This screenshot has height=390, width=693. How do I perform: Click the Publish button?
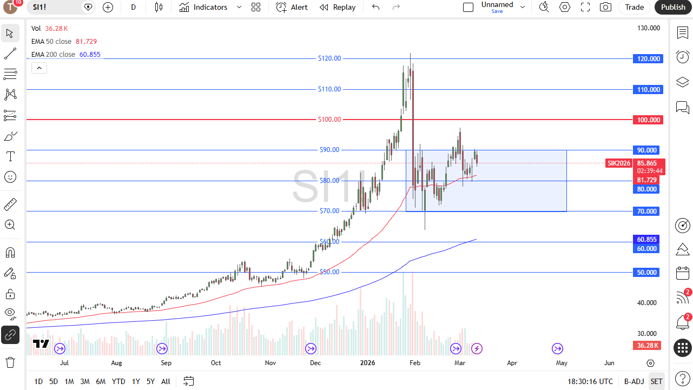[673, 7]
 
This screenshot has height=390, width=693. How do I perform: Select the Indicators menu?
[210, 7]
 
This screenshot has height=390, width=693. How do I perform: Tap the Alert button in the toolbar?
[292, 7]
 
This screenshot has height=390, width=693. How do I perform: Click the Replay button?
[338, 7]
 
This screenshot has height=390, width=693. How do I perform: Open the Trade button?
[634, 7]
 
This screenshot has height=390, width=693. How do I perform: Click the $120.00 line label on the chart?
[329, 58]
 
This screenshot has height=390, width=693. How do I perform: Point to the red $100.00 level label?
[329, 120]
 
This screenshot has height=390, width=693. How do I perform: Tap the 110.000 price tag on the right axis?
[648, 90]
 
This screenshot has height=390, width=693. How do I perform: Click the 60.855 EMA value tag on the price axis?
[647, 239]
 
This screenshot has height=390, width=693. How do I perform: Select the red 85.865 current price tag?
[647, 163]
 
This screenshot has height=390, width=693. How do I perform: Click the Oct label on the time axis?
[216, 363]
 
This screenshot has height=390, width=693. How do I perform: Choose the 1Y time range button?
[136, 381]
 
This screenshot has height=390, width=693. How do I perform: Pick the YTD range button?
[118, 381]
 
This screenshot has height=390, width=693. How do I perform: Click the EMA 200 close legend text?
[53, 55]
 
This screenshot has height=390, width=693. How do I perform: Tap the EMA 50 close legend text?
[51, 42]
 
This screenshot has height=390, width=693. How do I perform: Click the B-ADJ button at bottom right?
[633, 381]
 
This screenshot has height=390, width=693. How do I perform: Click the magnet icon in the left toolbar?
[10, 253]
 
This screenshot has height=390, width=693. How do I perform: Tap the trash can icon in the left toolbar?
[10, 362]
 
